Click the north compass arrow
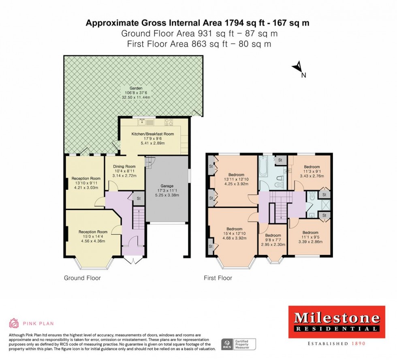pos(298,66)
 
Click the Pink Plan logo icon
pos(14,323)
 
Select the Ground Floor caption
pos(82,278)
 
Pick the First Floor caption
pos(218,278)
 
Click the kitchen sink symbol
pos(144,122)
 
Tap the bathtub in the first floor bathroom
pos(263,167)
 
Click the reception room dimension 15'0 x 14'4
pos(91,237)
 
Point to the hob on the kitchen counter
pos(169,122)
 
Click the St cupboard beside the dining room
pos(138,198)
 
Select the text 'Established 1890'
pos(337,343)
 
